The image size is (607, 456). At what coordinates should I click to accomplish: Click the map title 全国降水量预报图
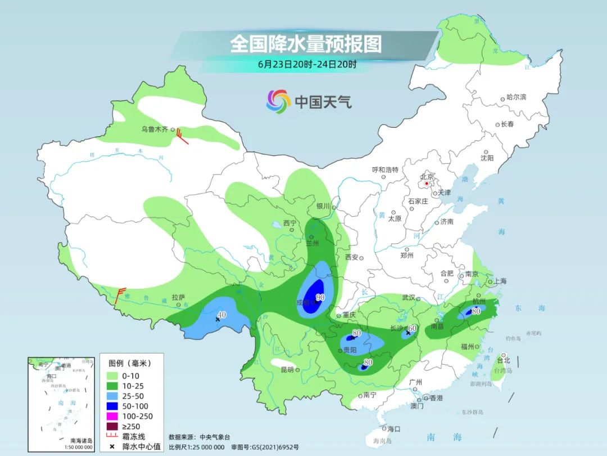306,44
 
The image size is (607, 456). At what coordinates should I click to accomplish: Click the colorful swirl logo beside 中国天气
278,101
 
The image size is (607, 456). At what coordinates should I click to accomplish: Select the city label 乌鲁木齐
155,129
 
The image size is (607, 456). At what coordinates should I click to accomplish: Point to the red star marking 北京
427,183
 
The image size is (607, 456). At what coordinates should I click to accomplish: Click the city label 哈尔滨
516,97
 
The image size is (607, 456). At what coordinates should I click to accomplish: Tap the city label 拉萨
178,297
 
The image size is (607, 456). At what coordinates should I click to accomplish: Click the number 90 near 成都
320,297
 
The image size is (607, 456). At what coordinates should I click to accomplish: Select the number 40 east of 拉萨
222,315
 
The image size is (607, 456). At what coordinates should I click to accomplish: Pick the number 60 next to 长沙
412,328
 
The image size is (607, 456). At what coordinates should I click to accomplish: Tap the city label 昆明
287,370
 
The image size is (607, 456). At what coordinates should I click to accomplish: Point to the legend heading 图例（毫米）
132,363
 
